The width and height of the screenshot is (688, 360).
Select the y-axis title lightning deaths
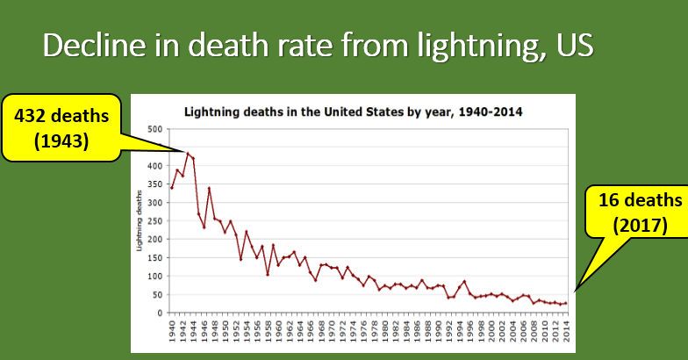coord(140,221)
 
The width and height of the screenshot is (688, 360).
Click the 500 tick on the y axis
coord(154,129)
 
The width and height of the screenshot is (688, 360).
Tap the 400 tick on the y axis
coord(154,166)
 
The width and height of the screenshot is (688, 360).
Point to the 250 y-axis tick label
coord(154,220)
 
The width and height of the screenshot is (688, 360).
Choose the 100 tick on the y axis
coord(154,276)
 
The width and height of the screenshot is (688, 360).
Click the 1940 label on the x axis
coord(172,332)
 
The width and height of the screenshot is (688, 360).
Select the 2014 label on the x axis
coord(567,332)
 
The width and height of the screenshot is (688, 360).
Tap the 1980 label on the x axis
coord(385,332)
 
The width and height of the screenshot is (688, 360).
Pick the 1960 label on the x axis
coord(279,332)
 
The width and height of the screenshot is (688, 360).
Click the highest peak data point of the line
coord(188,153)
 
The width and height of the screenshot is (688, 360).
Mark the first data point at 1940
coord(172,187)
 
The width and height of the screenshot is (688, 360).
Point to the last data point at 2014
coord(567,303)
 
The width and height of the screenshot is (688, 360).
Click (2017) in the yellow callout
coord(640,224)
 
